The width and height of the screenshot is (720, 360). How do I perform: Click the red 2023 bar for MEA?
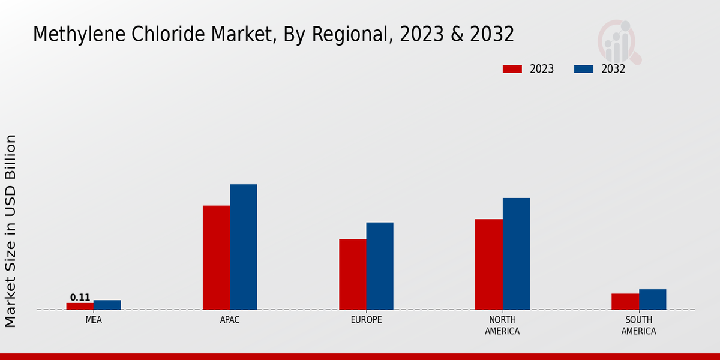[x=80, y=306]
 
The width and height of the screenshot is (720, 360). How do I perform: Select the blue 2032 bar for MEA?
[x=107, y=305]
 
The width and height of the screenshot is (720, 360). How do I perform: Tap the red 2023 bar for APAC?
[x=216, y=257]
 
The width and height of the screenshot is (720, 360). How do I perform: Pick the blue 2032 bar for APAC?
[x=243, y=247]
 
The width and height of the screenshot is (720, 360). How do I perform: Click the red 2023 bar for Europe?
[x=352, y=274]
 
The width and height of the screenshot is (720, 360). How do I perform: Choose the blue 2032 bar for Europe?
[x=380, y=266]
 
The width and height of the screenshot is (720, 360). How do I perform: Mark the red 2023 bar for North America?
[x=488, y=264]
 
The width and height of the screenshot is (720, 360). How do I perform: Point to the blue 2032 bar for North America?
[x=516, y=254]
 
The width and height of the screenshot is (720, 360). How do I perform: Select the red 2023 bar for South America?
[x=625, y=301]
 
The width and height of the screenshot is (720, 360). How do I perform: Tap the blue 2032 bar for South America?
[x=652, y=299]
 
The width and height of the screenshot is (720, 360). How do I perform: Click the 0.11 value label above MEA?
[x=80, y=298]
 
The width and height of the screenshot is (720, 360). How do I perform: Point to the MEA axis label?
[x=94, y=320]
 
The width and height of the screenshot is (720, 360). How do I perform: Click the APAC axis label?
[x=230, y=320]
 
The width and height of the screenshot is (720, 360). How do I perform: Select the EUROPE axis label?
[x=366, y=320]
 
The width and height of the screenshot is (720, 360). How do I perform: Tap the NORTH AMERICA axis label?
[x=502, y=325]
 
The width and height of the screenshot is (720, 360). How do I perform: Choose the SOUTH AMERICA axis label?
[x=638, y=325]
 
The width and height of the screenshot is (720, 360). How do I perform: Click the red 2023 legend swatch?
[x=512, y=69]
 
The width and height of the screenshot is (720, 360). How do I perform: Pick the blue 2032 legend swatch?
[x=583, y=69]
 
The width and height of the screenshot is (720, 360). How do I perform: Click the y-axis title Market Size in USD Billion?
[x=11, y=231]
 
